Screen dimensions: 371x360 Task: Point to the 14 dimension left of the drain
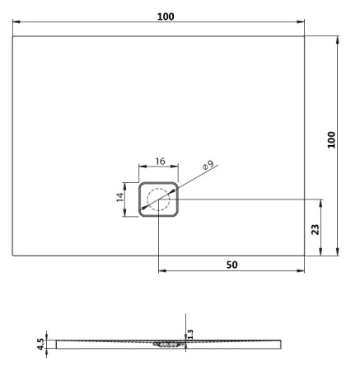[x=120, y=199]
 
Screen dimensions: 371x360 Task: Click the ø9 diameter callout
[x=208, y=165]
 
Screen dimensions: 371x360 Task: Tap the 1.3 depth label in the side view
[x=190, y=334]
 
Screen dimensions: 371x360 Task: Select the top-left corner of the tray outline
[x=13, y=36]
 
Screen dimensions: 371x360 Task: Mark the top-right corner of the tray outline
[x=304, y=36]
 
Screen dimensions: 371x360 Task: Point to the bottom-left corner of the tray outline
[x=13, y=254]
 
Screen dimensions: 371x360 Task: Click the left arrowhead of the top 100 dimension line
[x=16, y=25]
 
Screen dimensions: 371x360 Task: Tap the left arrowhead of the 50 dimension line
[x=160, y=271]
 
